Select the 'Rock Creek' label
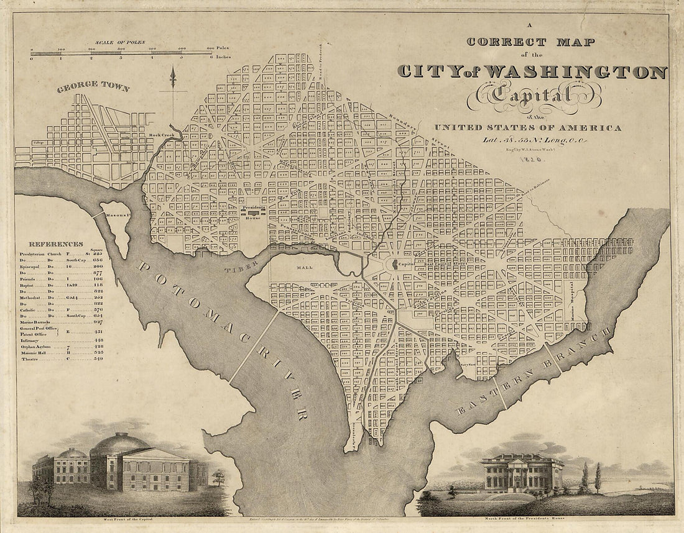point(160,135)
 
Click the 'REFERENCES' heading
point(55,244)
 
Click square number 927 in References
point(98,322)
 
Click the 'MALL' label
point(305,268)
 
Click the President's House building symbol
point(253,212)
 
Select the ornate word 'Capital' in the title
point(540,95)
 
